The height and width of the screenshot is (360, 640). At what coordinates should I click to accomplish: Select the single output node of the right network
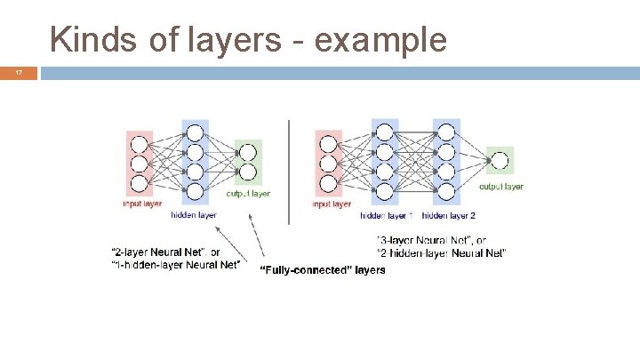(x=500, y=161)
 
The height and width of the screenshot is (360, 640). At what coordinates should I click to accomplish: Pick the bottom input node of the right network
(x=328, y=184)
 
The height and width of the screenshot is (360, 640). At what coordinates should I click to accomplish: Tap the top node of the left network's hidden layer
(x=195, y=132)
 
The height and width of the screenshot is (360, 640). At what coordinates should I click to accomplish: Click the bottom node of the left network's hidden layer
(x=195, y=190)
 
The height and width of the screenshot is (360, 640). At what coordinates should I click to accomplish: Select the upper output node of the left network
(x=248, y=152)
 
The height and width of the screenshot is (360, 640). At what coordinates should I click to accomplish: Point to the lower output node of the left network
(x=248, y=172)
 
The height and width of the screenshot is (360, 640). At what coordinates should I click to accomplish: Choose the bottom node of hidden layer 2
(x=445, y=190)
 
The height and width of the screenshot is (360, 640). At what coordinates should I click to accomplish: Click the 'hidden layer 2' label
(x=448, y=215)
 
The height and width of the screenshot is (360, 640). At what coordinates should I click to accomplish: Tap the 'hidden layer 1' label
(x=386, y=215)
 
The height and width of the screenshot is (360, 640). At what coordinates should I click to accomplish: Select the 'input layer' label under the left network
(x=142, y=204)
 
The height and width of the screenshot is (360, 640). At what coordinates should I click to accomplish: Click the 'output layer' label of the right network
(x=501, y=187)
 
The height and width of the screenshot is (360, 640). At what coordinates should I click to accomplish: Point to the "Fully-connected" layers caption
(x=322, y=269)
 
